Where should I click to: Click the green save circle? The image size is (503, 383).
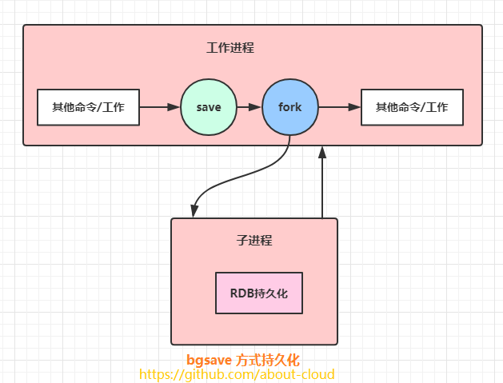click(x=208, y=107)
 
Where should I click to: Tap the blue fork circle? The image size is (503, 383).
click(x=290, y=107)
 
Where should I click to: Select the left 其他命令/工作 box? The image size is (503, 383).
click(x=89, y=107)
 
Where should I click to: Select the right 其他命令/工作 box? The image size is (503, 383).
click(x=412, y=107)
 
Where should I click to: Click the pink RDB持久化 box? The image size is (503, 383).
click(x=259, y=293)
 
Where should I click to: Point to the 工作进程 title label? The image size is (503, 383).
click(x=230, y=48)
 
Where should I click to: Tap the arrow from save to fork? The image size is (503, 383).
click(x=249, y=107)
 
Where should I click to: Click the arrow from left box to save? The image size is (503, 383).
click(x=160, y=107)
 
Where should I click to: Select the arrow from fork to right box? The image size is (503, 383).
click(x=339, y=107)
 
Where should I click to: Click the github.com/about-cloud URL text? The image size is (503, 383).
click(x=237, y=374)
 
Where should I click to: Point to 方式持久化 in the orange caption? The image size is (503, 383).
click(x=268, y=360)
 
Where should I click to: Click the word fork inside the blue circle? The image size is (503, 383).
click(x=290, y=107)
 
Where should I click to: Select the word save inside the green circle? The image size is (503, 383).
click(x=208, y=107)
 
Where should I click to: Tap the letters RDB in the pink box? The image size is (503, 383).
click(x=242, y=293)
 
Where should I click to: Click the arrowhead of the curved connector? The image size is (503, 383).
click(x=194, y=210)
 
